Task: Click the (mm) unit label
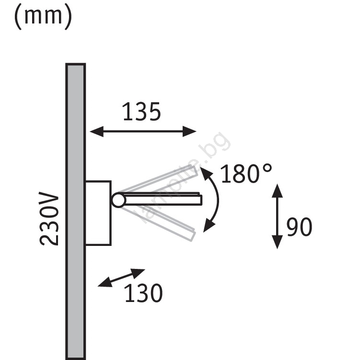(43, 17)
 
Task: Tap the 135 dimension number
(142, 112)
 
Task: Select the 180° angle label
(246, 174)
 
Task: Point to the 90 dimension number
(299, 227)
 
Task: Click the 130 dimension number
(143, 293)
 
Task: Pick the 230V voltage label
(49, 218)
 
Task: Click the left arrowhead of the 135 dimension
(96, 131)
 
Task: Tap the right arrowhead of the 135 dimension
(189, 131)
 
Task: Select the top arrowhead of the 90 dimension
(277, 191)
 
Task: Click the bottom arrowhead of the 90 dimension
(277, 242)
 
